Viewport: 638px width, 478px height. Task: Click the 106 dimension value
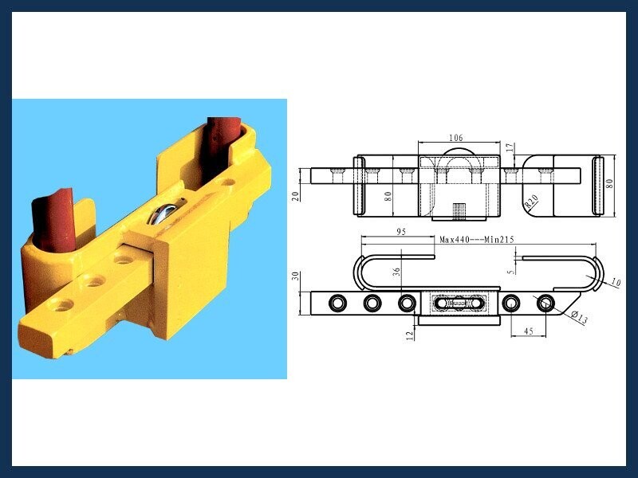455,138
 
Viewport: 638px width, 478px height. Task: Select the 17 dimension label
510,148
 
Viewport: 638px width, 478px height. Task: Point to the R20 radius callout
531,202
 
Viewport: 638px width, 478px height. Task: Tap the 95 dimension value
401,232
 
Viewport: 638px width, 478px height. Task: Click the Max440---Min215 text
477,240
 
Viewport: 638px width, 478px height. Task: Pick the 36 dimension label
397,272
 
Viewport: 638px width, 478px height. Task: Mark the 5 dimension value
512,268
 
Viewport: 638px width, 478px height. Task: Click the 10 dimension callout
616,282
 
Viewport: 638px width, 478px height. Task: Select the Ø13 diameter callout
580,317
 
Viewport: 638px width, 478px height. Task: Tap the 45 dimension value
528,331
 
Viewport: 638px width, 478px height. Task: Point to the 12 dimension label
410,335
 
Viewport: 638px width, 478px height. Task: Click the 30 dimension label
296,276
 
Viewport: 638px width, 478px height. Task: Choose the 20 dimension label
296,196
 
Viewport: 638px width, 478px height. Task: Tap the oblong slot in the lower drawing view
459,304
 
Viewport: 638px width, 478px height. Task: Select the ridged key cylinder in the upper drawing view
459,210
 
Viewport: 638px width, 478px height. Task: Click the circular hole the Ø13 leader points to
545,304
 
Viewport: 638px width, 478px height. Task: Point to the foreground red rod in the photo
54,221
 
